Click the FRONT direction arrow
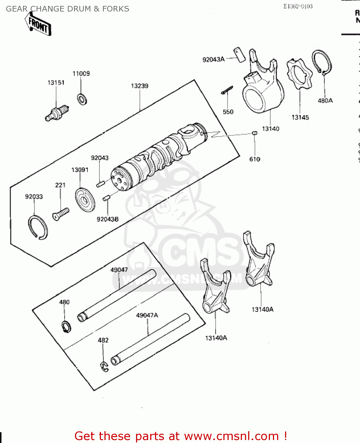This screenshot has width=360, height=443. click(x=38, y=25)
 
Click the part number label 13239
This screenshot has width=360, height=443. click(x=140, y=86)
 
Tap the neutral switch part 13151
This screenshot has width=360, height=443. click(x=58, y=113)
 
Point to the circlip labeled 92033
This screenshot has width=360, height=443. click(x=38, y=227)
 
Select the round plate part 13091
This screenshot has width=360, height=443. click(x=85, y=200)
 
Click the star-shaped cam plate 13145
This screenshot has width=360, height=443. click(x=299, y=74)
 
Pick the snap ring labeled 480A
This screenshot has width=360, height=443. click(x=322, y=62)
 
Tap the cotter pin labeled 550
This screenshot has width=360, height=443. click(x=227, y=90)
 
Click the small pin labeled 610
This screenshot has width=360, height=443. click(x=255, y=133)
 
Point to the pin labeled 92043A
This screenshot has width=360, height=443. click(x=240, y=55)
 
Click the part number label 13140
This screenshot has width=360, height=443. click(x=271, y=129)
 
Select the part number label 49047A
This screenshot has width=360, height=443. click(x=147, y=315)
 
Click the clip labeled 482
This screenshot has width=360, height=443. click(x=104, y=367)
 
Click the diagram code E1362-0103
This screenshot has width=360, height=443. click(x=298, y=6)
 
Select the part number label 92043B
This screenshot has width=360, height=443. click(x=108, y=219)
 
